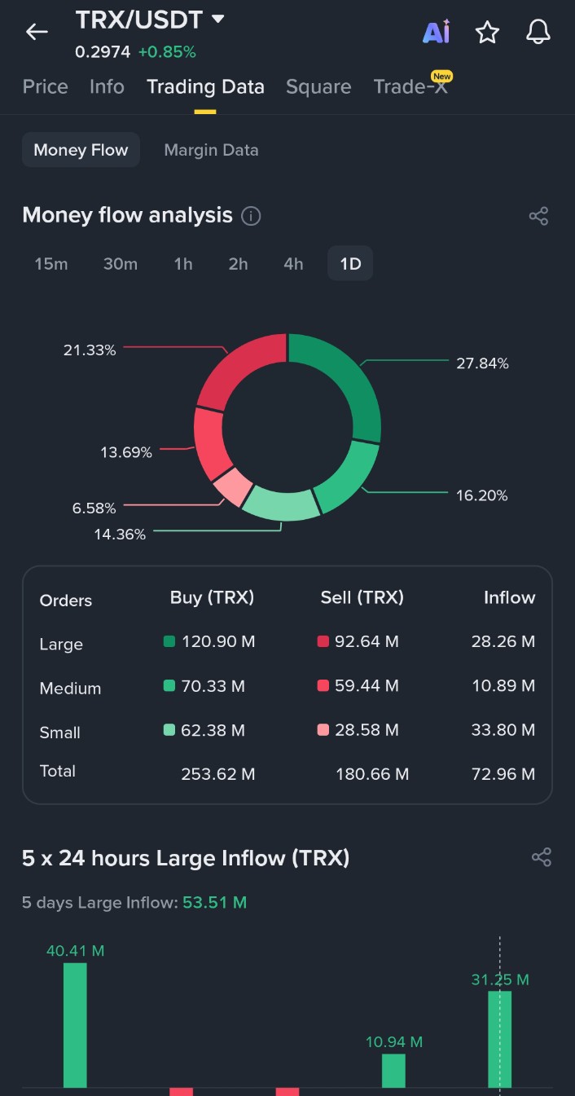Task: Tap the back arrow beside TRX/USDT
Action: pos(37,32)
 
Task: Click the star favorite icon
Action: pos(487,33)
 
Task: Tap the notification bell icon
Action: pos(538,32)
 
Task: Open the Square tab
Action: pos(318,87)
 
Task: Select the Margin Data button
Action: pos(211,150)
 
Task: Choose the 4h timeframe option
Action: pos(293,264)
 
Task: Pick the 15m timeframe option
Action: pos(51,264)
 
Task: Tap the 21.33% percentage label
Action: pos(90,350)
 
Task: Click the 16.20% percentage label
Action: pos(481,495)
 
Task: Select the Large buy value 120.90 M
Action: pos(218,642)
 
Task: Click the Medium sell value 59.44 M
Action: pos(367,686)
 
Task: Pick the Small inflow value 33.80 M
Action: pos(503,730)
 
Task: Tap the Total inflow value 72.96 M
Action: pos(503,774)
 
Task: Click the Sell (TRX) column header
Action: pos(362,597)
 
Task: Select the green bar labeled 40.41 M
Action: pos(75,1025)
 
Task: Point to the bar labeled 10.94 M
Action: pos(393,1071)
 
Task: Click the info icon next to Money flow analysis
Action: pos(252,216)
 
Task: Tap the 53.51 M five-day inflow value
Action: pos(214,903)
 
